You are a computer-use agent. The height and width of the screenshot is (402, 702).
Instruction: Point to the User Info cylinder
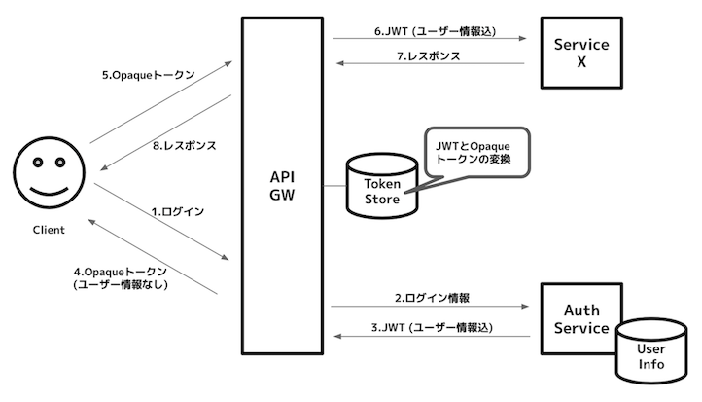click(x=650, y=356)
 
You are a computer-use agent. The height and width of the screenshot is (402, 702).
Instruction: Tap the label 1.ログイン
click(x=176, y=210)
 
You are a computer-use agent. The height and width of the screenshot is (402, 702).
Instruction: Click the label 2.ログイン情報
click(x=432, y=297)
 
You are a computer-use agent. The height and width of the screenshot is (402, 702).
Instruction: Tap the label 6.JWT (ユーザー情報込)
click(x=435, y=30)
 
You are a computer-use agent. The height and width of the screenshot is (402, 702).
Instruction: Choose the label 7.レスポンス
click(x=429, y=56)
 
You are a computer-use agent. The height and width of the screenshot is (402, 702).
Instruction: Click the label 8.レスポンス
click(x=184, y=146)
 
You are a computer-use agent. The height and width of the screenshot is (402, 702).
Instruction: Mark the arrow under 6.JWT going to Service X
click(x=429, y=40)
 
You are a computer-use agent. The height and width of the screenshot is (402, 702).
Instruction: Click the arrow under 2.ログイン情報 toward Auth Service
click(x=429, y=307)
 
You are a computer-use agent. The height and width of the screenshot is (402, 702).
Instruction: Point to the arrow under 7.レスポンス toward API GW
click(x=429, y=65)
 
